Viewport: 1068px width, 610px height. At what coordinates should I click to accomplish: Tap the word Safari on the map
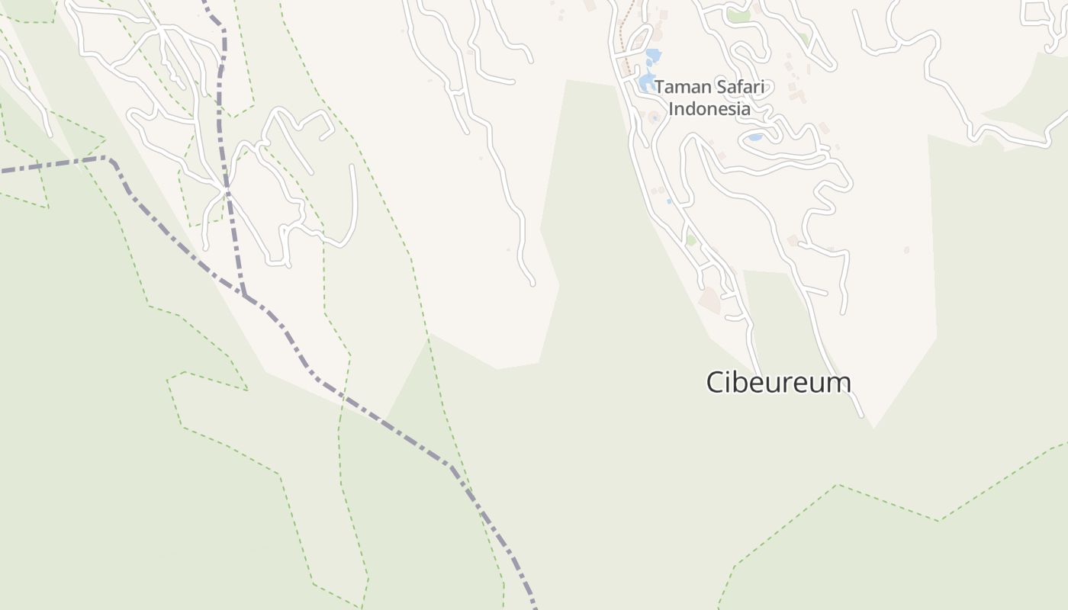738,87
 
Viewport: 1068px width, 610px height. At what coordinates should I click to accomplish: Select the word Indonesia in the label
709,109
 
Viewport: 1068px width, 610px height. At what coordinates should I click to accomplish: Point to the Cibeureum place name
778,382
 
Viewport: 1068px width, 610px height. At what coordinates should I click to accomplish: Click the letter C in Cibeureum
715,382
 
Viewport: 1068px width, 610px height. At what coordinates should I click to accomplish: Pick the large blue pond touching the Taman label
646,81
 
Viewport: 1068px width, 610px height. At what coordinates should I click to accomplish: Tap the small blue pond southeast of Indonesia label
754,137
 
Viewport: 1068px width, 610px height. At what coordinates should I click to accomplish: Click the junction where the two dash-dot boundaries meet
244,295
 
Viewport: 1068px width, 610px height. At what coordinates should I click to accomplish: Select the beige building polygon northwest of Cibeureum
709,300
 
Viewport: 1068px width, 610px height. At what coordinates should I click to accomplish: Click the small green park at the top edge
737,14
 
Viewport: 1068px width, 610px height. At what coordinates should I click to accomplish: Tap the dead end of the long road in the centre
532,284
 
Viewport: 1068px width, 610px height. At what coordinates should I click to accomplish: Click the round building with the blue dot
654,117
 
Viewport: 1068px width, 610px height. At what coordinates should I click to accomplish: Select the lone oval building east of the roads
906,249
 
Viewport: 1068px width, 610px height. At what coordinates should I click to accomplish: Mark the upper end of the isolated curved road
352,166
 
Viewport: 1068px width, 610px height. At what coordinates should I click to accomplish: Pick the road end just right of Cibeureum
862,416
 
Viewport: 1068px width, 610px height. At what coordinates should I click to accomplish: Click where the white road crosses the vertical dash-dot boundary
226,187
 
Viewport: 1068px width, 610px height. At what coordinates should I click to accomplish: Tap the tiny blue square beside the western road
669,201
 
